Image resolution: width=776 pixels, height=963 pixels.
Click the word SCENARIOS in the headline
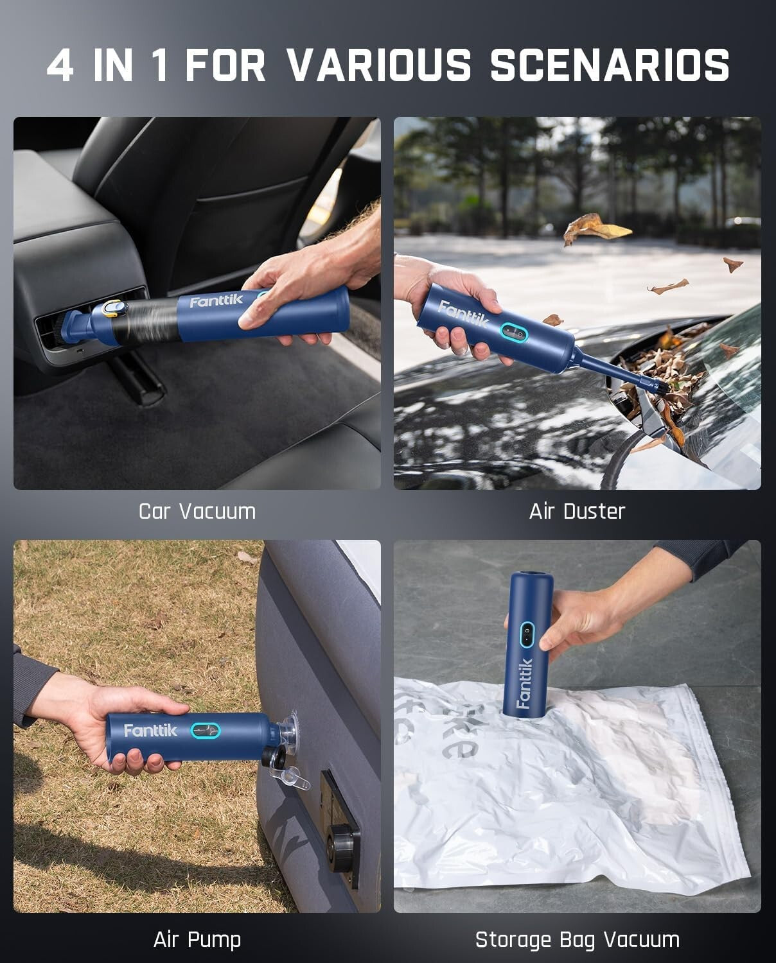pyautogui.click(x=610, y=65)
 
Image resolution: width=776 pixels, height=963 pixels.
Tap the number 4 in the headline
pyautogui.click(x=60, y=65)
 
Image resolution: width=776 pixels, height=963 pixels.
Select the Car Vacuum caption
pyautogui.click(x=197, y=511)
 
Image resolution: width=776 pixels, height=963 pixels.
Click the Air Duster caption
pyautogui.click(x=577, y=511)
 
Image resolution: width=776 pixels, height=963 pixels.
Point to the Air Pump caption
pyautogui.click(x=197, y=939)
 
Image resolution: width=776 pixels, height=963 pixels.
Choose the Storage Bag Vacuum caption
pyautogui.click(x=577, y=939)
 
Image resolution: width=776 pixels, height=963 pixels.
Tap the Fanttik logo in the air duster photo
pyautogui.click(x=463, y=314)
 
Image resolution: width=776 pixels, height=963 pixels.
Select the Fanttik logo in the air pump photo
pyautogui.click(x=150, y=730)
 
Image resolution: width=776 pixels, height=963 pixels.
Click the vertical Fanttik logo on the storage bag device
pyautogui.click(x=524, y=683)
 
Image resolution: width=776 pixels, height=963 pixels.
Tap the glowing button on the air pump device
pyautogui.click(x=206, y=731)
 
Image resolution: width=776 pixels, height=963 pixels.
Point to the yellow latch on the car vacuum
pyautogui.click(x=114, y=308)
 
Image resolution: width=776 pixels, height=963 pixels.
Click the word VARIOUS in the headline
pyautogui.click(x=379, y=65)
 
